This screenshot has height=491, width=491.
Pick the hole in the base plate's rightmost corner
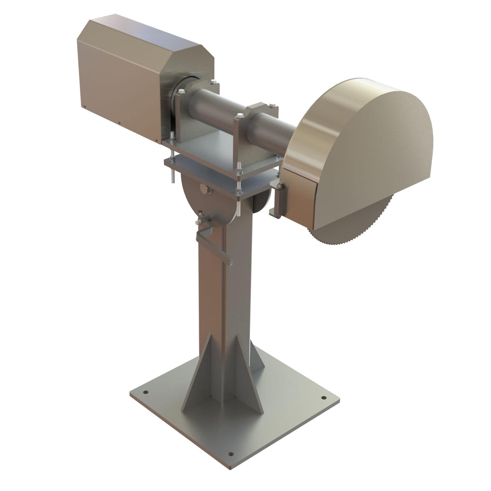pos(323,398)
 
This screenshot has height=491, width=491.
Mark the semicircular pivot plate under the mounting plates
pos(209,203)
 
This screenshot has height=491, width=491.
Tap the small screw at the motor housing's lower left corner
pos(84,106)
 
